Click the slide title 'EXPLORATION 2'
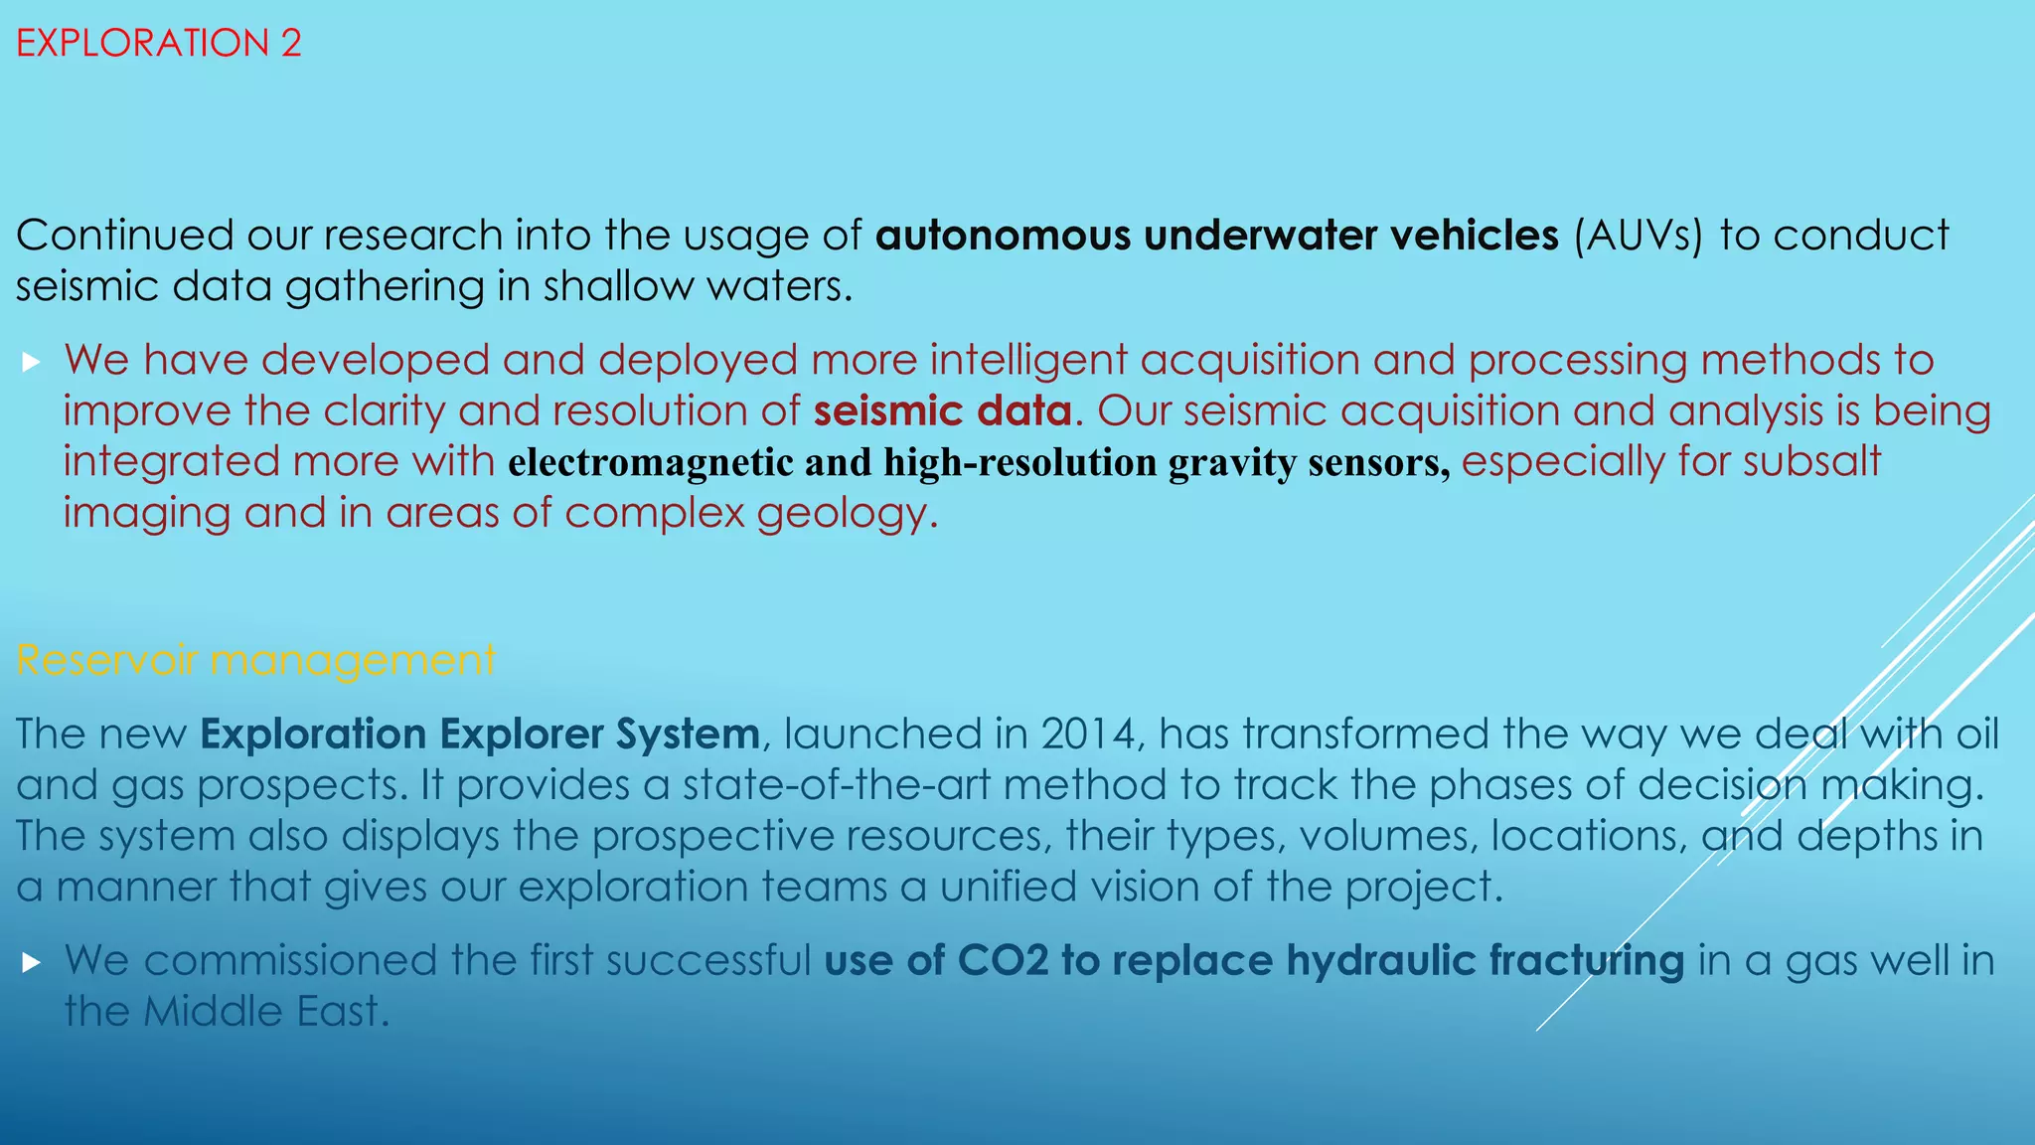[159, 44]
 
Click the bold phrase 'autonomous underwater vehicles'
[1217, 236]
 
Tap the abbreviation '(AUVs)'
[1639, 236]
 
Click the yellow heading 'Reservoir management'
[255, 660]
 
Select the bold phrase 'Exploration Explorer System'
[480, 735]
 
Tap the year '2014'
[1088, 735]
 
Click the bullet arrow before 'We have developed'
[31, 361]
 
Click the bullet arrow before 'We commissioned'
[31, 961]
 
